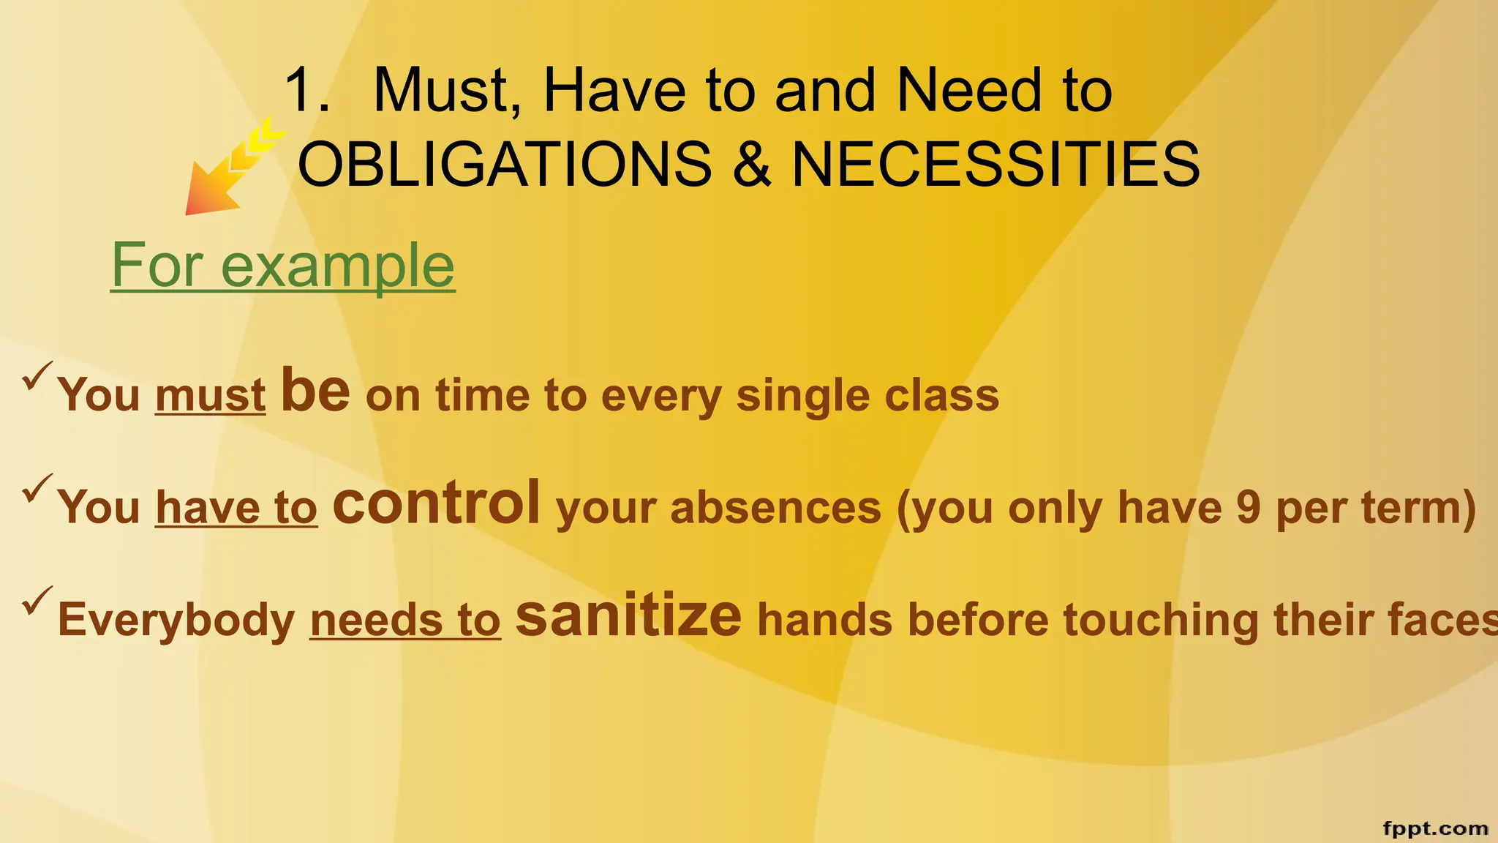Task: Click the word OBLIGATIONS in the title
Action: [x=505, y=164]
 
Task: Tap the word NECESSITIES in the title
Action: [x=995, y=164]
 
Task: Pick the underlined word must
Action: [x=210, y=395]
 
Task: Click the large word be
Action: [x=315, y=391]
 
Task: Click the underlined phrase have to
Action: [x=236, y=507]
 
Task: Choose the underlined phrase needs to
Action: [x=405, y=620]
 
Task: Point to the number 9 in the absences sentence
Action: [x=1248, y=507]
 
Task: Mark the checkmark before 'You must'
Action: [x=37, y=375]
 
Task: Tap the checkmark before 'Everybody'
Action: [x=37, y=601]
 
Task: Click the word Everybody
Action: [x=176, y=620]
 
